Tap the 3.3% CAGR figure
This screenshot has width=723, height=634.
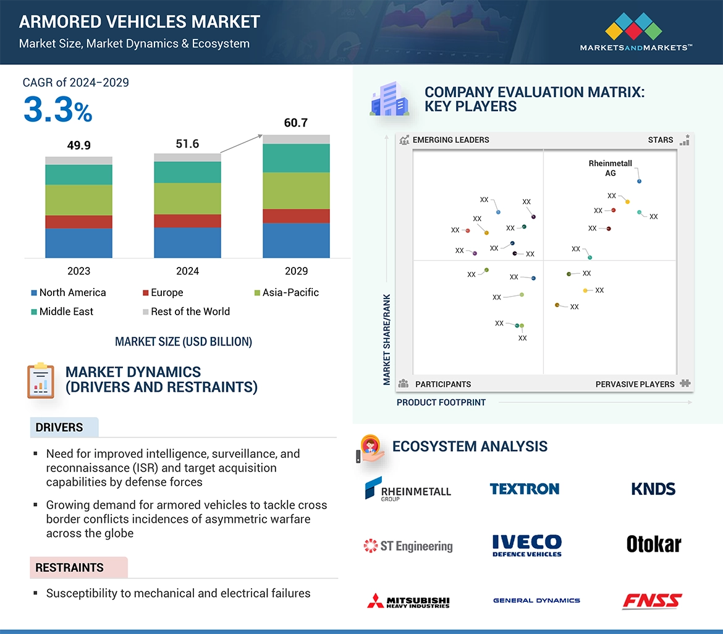pyautogui.click(x=57, y=109)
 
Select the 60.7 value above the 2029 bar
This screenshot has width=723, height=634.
pyautogui.click(x=295, y=123)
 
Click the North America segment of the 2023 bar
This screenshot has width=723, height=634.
pyautogui.click(x=78, y=243)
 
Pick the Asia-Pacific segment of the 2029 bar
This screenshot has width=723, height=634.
pyautogui.click(x=296, y=190)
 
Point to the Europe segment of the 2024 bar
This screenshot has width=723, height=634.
pyautogui.click(x=187, y=221)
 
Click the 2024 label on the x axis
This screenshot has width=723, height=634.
pyautogui.click(x=187, y=271)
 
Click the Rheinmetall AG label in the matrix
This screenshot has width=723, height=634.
pyautogui.click(x=611, y=168)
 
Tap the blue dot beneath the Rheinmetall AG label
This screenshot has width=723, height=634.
pyautogui.click(x=639, y=181)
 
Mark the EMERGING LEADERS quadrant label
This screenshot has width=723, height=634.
pyautogui.click(x=450, y=140)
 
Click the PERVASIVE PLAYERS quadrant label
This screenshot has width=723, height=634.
pyautogui.click(x=635, y=384)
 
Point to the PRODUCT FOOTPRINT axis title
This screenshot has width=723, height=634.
pyautogui.click(x=441, y=402)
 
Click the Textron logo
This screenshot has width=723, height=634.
pyautogui.click(x=525, y=489)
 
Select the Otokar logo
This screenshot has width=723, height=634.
pyautogui.click(x=653, y=544)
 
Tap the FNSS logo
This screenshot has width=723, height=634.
pyautogui.click(x=652, y=601)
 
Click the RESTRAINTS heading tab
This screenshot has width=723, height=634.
pyautogui.click(x=70, y=567)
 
